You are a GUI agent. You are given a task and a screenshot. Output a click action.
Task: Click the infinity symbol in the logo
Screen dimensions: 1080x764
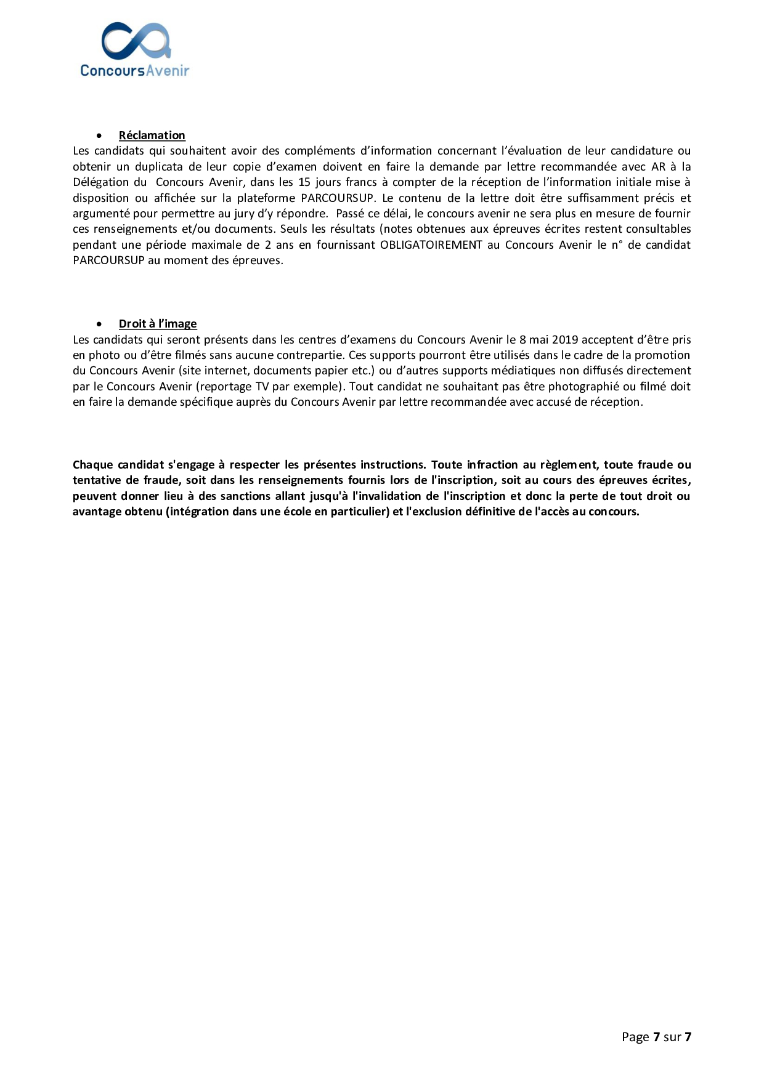coord(136,41)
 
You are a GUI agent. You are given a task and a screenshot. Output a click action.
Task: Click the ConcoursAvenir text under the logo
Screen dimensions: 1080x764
coord(134,71)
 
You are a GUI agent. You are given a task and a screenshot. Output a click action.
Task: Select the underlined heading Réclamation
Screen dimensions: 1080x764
coord(152,135)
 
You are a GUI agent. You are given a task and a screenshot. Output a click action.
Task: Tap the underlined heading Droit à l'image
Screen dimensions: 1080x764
coord(158,324)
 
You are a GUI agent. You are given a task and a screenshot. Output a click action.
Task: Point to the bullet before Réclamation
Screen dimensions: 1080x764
coord(99,135)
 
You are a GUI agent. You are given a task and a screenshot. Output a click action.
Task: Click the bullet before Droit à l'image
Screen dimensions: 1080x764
coord(99,324)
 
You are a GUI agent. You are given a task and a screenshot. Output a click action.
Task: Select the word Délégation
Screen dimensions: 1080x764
coord(101,182)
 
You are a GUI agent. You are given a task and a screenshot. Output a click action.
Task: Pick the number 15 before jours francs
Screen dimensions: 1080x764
coord(304,182)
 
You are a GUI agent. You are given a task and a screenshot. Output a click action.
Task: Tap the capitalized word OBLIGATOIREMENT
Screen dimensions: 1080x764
coord(431,245)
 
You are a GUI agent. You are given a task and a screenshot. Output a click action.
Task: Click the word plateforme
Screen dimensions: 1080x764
coord(266,198)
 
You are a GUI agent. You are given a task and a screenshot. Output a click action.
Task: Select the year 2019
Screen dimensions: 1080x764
coord(565,340)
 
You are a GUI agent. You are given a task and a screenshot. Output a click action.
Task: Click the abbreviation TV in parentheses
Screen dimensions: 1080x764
coord(262,387)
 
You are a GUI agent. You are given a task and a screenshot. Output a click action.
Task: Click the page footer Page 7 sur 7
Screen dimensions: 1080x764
coord(656,1037)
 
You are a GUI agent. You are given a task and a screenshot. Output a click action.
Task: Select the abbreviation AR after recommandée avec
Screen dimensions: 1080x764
coord(658,167)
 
